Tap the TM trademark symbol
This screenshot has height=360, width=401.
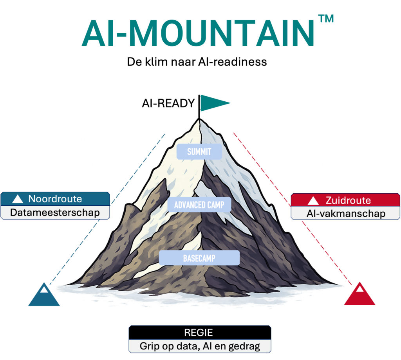click(x=326, y=19)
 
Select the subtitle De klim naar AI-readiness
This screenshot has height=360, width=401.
click(x=197, y=62)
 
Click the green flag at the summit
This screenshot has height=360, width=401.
click(x=215, y=103)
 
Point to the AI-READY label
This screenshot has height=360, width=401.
click(x=168, y=103)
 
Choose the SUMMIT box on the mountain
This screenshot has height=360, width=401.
click(x=199, y=151)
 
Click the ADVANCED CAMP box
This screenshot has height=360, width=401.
click(x=199, y=205)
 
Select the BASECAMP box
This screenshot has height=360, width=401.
click(x=199, y=258)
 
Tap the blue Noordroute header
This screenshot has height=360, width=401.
click(x=55, y=199)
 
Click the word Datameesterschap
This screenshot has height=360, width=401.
click(x=55, y=212)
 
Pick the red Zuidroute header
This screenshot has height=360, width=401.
click(x=345, y=200)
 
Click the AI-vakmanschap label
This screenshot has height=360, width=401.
click(x=346, y=213)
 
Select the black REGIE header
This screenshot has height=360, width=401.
click(x=200, y=332)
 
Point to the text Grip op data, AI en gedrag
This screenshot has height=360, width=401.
click(x=200, y=346)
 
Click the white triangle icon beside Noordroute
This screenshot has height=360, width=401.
click(x=18, y=199)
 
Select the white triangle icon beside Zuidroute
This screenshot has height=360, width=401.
click(x=313, y=201)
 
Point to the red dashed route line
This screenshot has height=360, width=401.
click(x=293, y=209)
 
